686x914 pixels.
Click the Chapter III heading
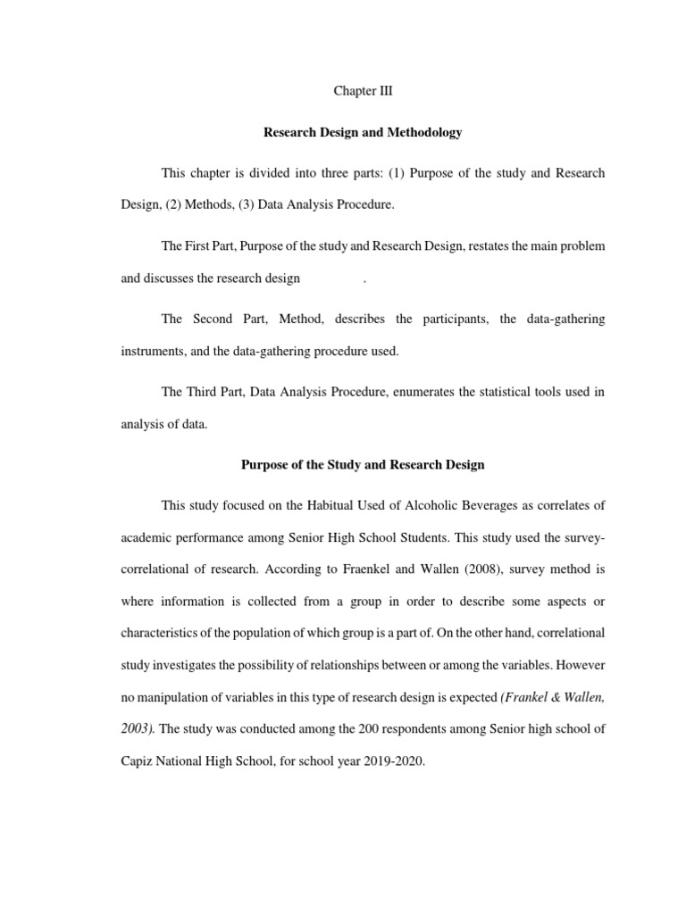click(363, 92)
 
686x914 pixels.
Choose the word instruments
click(152, 351)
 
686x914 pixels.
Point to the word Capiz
click(137, 762)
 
